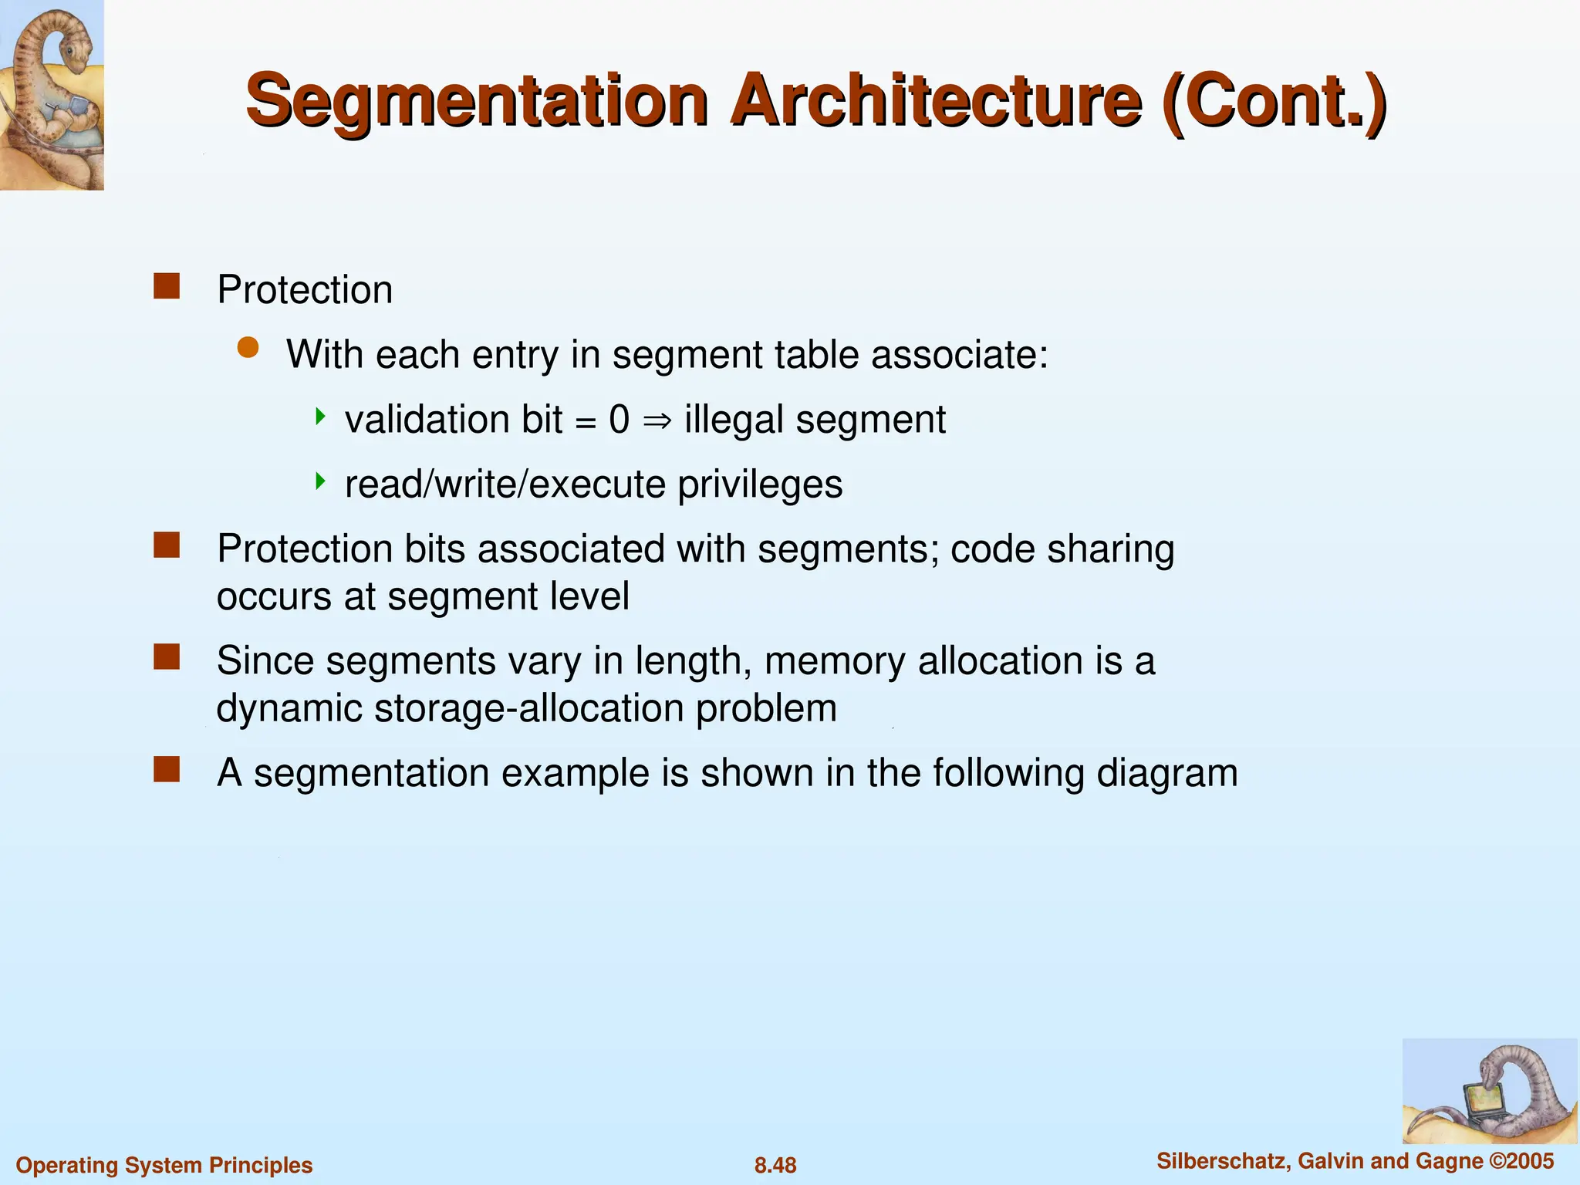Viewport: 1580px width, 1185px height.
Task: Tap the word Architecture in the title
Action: [x=935, y=100]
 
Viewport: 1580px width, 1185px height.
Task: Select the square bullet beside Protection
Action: [x=167, y=286]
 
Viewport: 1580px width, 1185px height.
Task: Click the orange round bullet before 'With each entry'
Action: [x=248, y=348]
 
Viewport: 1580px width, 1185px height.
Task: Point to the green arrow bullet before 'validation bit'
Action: [x=320, y=417]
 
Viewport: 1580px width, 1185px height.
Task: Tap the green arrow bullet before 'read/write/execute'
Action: [x=320, y=482]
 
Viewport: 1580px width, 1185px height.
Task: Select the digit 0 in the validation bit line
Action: [x=619, y=420]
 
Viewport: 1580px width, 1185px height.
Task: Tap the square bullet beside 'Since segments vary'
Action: [x=167, y=657]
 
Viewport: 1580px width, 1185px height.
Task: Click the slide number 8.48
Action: [x=775, y=1165]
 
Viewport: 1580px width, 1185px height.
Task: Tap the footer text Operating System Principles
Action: [x=164, y=1165]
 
